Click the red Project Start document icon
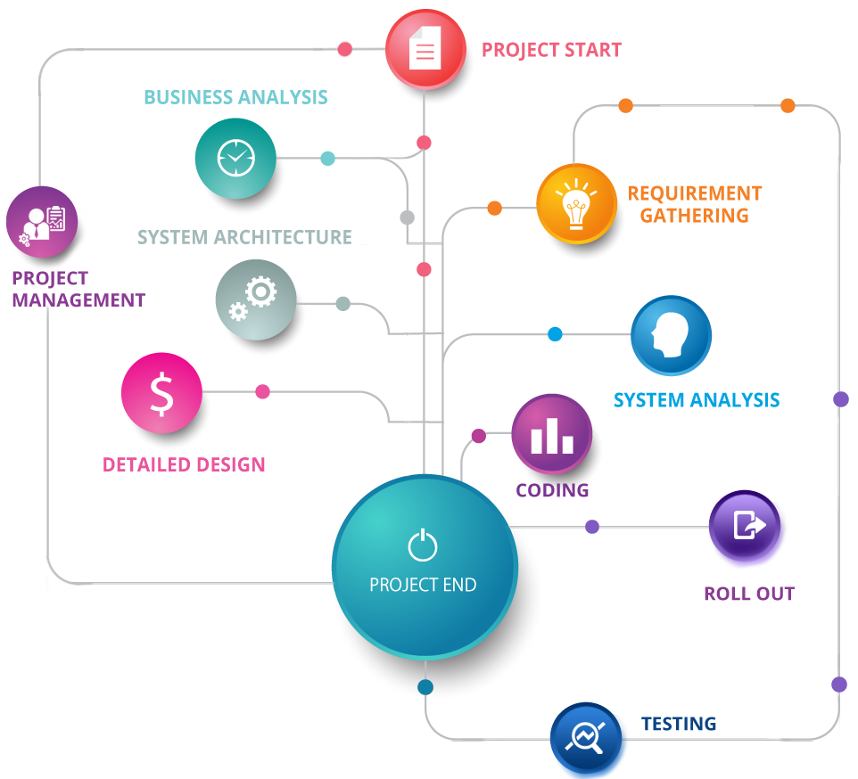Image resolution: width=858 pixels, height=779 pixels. [425, 50]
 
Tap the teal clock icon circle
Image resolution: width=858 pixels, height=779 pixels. [235, 158]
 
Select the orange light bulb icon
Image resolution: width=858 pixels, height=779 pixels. [576, 204]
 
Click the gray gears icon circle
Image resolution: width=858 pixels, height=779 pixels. [255, 299]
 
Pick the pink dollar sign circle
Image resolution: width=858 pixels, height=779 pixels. [161, 394]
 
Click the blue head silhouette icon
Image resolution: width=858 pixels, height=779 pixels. [671, 336]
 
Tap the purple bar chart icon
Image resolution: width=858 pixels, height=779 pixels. [551, 434]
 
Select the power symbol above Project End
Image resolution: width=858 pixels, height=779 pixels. [423, 545]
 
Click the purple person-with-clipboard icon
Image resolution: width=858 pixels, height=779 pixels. [42, 222]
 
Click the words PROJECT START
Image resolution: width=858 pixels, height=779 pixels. [551, 50]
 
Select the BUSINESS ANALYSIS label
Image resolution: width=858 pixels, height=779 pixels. [235, 97]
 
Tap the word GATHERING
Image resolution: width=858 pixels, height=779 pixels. [694, 215]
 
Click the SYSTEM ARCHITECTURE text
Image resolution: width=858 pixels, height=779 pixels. [245, 237]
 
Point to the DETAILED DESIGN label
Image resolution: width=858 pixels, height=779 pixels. [184, 464]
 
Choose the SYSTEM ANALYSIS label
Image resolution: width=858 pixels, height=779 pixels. [697, 400]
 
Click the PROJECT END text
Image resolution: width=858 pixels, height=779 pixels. [423, 586]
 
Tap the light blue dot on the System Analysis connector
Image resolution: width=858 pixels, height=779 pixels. [555, 334]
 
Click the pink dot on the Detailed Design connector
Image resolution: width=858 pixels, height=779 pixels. [262, 391]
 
